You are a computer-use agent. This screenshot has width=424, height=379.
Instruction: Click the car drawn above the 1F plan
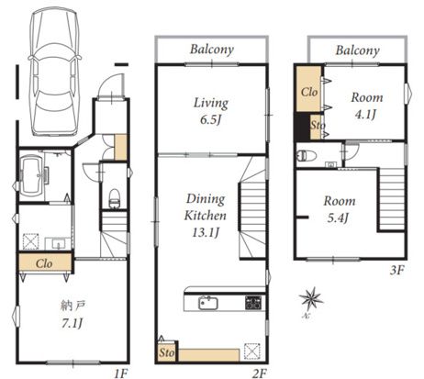pyautogui.click(x=54, y=72)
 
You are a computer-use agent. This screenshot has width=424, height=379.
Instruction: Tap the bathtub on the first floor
pyautogui.click(x=31, y=176)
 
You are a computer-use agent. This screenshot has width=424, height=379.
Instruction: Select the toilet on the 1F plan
pyautogui.click(x=115, y=198)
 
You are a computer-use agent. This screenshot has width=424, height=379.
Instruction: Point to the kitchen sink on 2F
pyautogui.click(x=208, y=303)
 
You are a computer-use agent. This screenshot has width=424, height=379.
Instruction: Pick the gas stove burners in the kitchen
pyautogui.click(x=253, y=303)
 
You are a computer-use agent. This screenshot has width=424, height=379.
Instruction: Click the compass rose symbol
pyautogui.click(x=310, y=299)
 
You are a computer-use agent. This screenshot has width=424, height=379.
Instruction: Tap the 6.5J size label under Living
pyautogui.click(x=210, y=120)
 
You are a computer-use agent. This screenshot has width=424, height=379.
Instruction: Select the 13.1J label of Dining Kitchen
pyautogui.click(x=206, y=233)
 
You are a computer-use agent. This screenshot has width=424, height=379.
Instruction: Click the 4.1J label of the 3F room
pyautogui.click(x=365, y=115)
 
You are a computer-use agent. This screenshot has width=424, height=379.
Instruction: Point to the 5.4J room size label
pyautogui.click(x=339, y=217)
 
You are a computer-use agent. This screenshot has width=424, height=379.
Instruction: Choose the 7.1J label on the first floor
pyautogui.click(x=73, y=323)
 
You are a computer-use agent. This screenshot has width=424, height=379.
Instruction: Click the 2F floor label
pyautogui.click(x=260, y=373)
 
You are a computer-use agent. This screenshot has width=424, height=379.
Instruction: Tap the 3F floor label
pyautogui.click(x=397, y=270)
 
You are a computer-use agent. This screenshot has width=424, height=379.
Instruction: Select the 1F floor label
pyautogui.click(x=121, y=373)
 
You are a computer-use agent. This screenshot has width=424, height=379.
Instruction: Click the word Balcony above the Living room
pyautogui.click(x=212, y=50)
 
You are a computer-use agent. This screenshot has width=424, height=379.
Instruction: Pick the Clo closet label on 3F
pyautogui.click(x=309, y=92)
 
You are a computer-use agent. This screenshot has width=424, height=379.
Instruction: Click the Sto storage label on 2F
pyautogui.click(x=166, y=352)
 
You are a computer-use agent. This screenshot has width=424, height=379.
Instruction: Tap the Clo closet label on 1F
pyautogui.click(x=44, y=263)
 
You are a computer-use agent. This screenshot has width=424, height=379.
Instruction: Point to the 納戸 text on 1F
pyautogui.click(x=73, y=306)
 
